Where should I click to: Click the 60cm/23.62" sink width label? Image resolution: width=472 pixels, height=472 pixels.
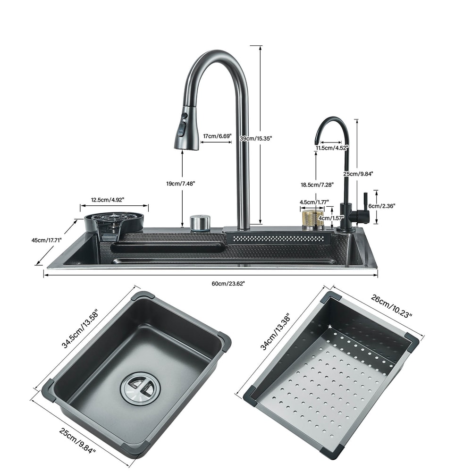click(x=228, y=283)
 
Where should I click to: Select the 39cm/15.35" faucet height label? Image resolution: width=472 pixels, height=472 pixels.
click(x=256, y=138)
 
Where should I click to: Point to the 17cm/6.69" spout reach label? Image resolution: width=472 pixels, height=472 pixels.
click(x=217, y=136)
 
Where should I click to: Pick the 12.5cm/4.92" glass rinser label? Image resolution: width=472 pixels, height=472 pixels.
click(x=106, y=200)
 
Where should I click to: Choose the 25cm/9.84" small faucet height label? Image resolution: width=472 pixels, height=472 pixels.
click(x=358, y=174)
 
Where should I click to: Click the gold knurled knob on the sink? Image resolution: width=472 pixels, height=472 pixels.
click(x=312, y=220)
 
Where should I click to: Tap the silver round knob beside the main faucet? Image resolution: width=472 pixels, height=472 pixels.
click(x=200, y=223)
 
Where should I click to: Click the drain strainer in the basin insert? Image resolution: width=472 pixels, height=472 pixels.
click(x=140, y=388)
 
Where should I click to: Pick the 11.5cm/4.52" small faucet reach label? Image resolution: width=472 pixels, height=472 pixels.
click(x=331, y=148)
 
